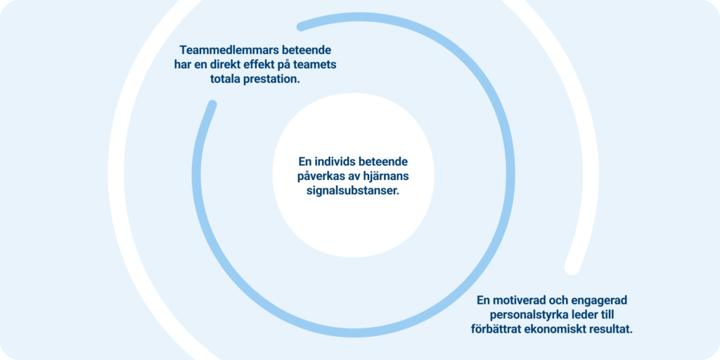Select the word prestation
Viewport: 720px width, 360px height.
[274, 79]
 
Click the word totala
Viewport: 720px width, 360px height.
[227, 79]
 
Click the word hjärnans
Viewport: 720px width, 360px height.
[387, 176]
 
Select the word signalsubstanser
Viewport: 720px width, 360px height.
[353, 191]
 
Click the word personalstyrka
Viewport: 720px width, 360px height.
[527, 316]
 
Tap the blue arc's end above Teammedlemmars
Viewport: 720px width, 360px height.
[301, 27]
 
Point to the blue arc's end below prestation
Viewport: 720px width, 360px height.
[212, 104]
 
